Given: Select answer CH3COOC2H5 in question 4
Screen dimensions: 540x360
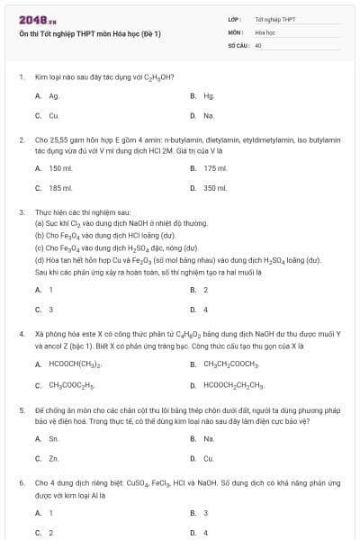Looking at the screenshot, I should coord(71,385).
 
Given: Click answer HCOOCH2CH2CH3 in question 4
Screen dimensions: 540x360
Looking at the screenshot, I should coord(234,385).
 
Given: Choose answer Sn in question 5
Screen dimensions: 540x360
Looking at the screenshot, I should coord(54,438).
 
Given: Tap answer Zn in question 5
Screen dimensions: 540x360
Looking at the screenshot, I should coord(54,458).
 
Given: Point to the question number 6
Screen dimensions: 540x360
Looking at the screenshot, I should coord(21,483).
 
